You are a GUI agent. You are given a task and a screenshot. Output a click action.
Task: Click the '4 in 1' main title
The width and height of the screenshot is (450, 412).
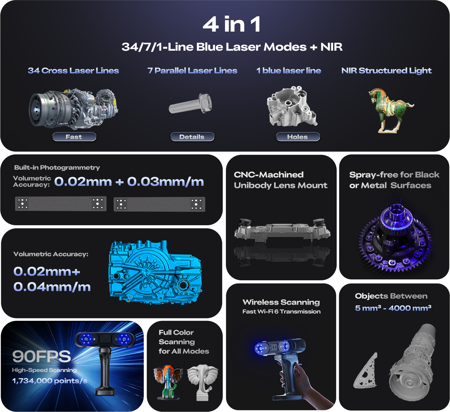coord(232,24)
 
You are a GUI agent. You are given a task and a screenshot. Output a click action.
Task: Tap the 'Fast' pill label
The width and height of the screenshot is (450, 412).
coord(74,137)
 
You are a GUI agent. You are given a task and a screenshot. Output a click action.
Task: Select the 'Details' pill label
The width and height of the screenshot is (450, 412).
coord(192,137)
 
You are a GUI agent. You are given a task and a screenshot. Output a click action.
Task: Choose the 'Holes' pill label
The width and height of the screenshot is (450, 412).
coord(297,137)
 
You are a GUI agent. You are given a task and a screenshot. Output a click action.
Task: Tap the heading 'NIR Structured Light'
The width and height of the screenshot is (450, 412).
coord(386,71)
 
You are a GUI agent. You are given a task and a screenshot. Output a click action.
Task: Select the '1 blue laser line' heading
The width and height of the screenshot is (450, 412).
coord(288,71)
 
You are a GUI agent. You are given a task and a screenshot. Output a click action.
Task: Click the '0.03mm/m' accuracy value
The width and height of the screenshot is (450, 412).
coord(165,182)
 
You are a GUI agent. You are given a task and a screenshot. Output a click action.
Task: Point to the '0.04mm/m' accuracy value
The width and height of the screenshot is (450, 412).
coord(52,287)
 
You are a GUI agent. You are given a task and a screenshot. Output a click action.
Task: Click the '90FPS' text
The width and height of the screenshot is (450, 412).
coord(42,356)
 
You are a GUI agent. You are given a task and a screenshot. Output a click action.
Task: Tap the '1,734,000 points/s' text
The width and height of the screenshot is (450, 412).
coord(50,381)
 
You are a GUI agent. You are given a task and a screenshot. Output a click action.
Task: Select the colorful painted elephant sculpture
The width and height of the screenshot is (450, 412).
coord(168,382)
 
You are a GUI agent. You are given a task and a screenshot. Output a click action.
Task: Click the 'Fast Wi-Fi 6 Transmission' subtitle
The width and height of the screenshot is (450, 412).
coord(281,312)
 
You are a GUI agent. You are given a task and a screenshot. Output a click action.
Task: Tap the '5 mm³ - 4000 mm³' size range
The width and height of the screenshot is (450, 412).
coord(393,308)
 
